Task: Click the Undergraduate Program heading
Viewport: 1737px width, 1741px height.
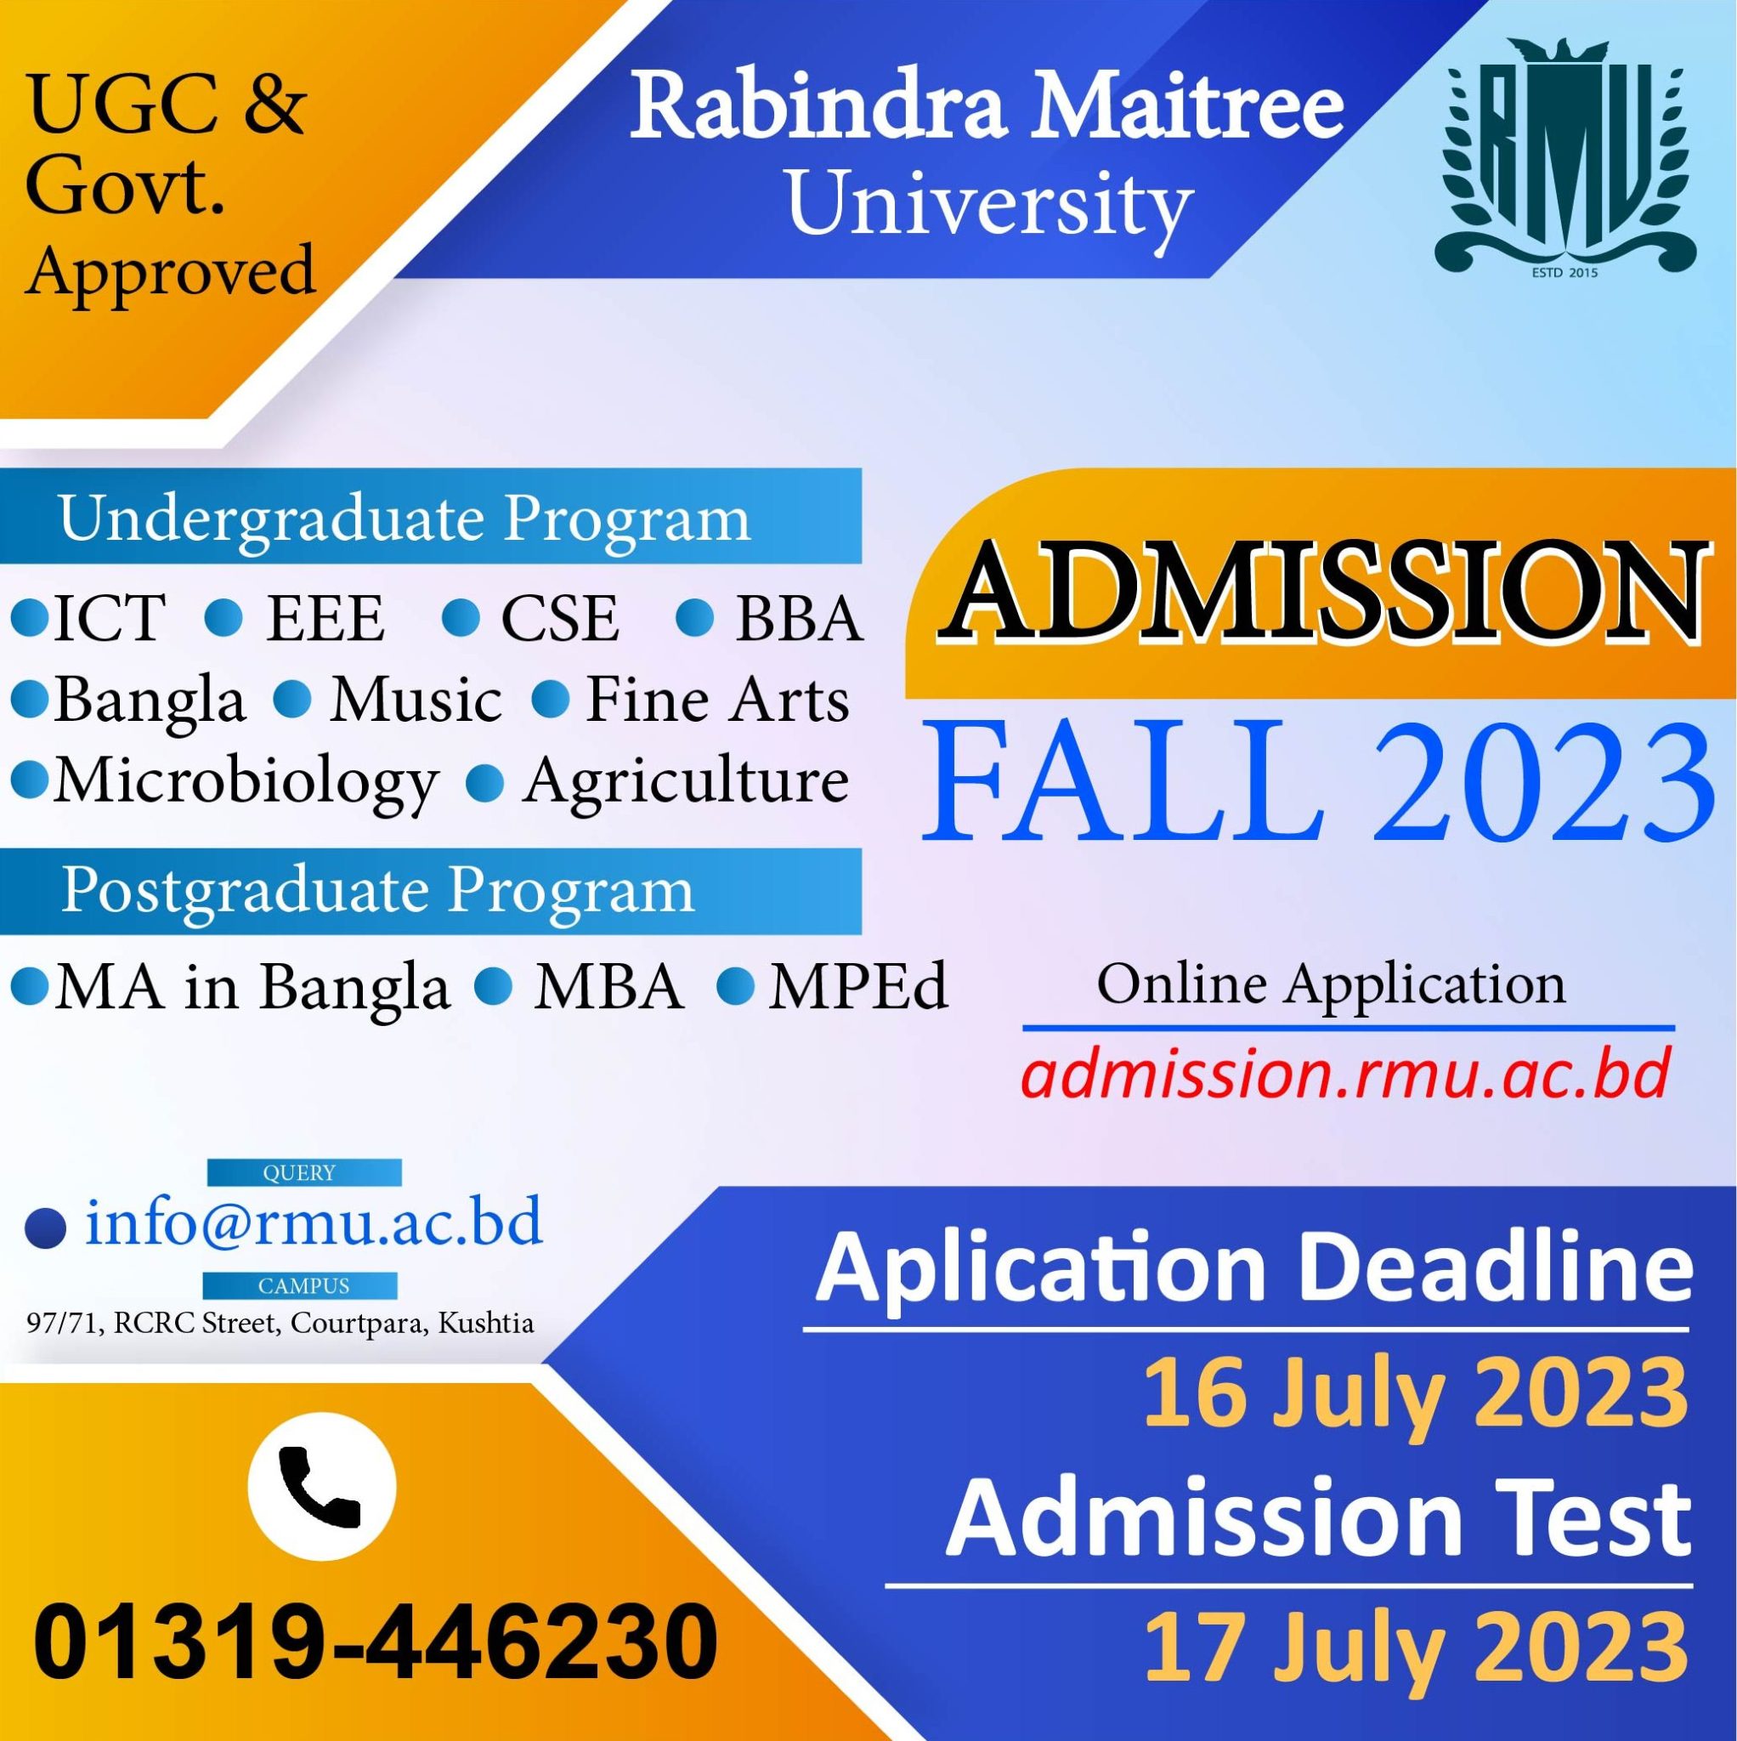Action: click(405, 520)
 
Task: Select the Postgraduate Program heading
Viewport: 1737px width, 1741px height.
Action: click(377, 890)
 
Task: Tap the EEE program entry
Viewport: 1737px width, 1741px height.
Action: click(325, 619)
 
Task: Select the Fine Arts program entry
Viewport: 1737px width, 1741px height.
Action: click(717, 701)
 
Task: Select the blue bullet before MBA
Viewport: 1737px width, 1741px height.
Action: click(495, 986)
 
